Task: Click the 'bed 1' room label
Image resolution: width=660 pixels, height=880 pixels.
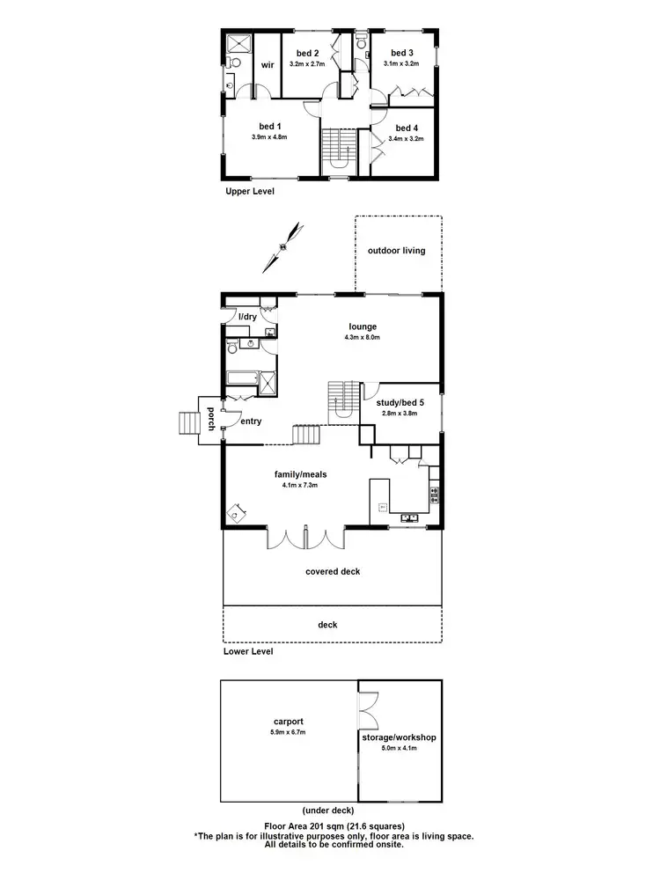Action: [x=270, y=126]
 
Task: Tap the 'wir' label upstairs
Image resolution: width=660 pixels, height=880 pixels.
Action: [x=266, y=64]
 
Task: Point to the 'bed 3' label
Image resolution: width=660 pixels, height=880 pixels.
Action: [x=402, y=52]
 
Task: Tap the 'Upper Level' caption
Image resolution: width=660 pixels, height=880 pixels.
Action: [x=249, y=191]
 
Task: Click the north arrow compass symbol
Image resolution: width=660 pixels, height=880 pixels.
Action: [x=287, y=247]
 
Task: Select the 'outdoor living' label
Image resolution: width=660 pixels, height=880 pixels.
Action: [x=396, y=251]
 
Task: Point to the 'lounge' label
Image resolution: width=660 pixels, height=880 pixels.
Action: [x=361, y=326]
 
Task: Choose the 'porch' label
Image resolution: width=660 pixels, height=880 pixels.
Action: [x=211, y=420]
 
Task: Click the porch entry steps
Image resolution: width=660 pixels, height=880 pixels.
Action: [x=188, y=424]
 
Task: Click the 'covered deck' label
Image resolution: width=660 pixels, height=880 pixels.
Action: [x=333, y=571]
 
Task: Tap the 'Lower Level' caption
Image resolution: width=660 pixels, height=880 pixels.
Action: [x=248, y=652]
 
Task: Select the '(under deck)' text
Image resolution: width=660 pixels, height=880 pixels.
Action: [x=329, y=810]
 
